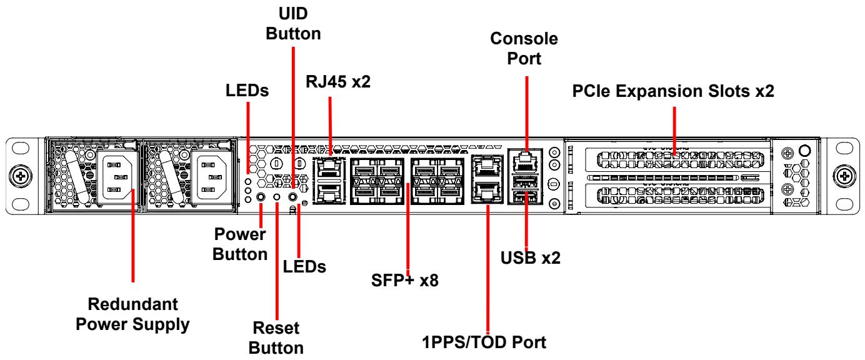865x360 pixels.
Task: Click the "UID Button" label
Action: pos(293,24)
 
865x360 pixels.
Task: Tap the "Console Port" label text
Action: pos(524,49)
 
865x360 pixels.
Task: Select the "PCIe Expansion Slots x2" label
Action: pos(673,91)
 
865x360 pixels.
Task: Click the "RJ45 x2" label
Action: pos(338,81)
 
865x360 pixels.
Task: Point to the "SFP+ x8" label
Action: pos(405,281)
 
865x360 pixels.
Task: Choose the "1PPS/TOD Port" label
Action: pos(484,342)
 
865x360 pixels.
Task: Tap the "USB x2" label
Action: pos(530,257)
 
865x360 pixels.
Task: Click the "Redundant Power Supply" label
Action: pos(132,314)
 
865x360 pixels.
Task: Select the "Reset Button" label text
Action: pos(276,338)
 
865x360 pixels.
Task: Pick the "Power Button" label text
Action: pos(240,244)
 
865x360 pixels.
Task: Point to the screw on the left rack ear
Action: pos(20,176)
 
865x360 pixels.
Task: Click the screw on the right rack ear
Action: pos(844,176)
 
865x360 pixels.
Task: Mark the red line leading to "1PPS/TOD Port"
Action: pos(487,269)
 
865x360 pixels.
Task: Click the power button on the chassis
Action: pos(261,197)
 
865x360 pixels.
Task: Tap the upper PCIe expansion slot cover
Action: pos(677,159)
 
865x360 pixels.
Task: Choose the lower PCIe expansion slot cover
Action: pos(677,196)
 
